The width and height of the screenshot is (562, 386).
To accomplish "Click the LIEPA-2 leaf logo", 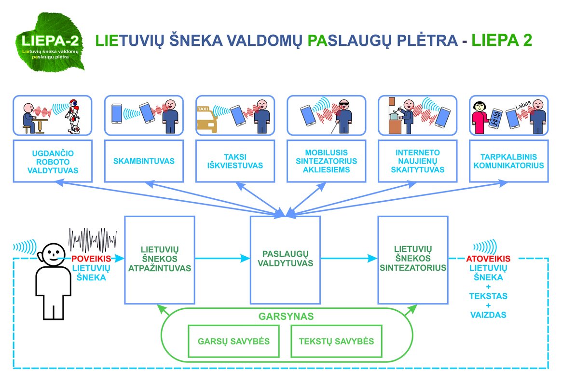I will click(50, 42).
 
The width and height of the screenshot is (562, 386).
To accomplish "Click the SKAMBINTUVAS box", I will click(137, 161).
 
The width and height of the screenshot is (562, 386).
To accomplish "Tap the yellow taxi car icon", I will click(207, 120).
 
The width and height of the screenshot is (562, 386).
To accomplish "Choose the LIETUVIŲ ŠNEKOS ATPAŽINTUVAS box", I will click(160, 259).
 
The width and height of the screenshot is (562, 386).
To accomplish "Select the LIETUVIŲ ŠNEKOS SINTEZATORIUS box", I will click(412, 259).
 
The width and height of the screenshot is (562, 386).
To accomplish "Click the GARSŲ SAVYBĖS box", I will click(233, 341).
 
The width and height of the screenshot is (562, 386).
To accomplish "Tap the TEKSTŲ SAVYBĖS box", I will click(336, 341).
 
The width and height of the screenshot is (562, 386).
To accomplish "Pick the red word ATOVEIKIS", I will click(488, 259).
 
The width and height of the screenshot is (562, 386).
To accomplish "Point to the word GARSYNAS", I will click(287, 317).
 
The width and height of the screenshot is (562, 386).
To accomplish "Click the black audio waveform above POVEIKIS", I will click(93, 237).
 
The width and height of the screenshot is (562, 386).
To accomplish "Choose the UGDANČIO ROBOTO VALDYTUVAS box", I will click(53, 161).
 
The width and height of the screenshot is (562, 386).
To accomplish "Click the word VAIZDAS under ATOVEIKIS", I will click(488, 315).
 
